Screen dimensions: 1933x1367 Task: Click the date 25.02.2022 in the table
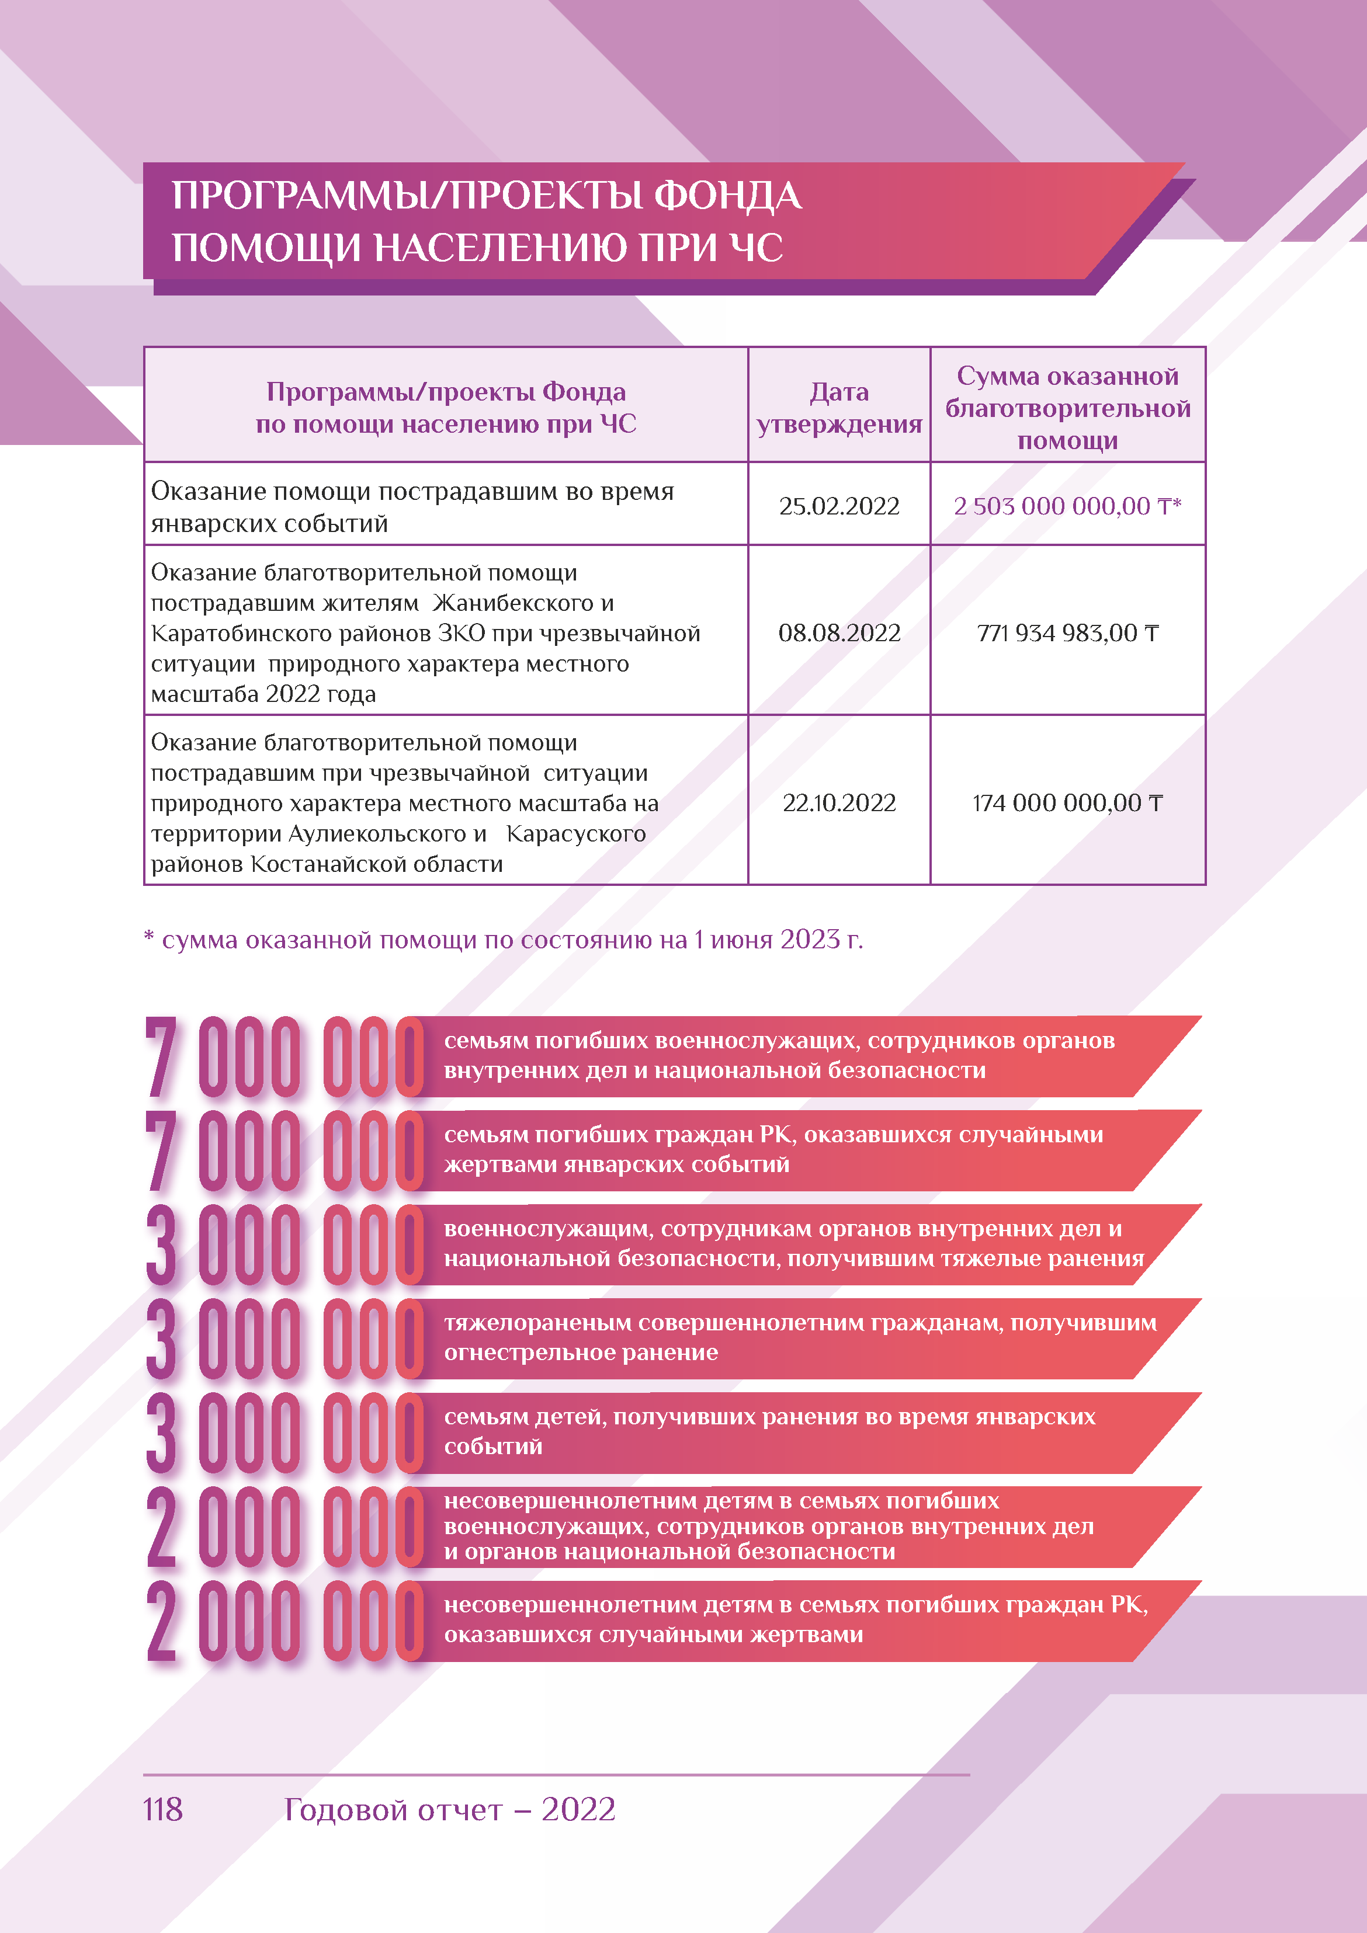pyautogui.click(x=839, y=506)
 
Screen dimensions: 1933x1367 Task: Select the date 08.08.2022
pyautogui.click(x=839, y=632)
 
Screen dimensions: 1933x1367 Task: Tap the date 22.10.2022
pyautogui.click(x=839, y=802)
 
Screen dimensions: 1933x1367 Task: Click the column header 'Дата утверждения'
pyautogui.click(x=839, y=408)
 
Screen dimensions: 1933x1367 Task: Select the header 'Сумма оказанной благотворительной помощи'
pyautogui.click(x=1067, y=408)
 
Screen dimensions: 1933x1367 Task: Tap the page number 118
pyautogui.click(x=162, y=1809)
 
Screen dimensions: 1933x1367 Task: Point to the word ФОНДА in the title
pyautogui.click(x=728, y=196)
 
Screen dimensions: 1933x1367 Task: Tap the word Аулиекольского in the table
pyautogui.click(x=387, y=833)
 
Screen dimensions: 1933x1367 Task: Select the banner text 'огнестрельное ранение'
pyautogui.click(x=581, y=1352)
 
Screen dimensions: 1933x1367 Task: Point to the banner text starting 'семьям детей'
pyautogui.click(x=769, y=1416)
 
